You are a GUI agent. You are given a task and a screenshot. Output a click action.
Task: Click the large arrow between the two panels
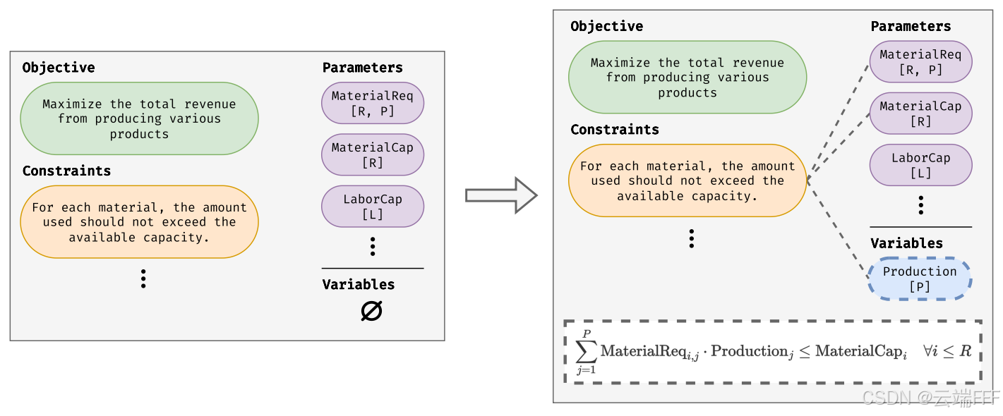coord(501,195)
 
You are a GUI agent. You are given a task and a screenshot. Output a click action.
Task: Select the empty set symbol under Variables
coord(372,311)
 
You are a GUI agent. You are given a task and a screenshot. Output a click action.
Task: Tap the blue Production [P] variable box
coord(920,279)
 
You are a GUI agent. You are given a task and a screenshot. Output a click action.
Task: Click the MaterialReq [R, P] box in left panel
coord(373,103)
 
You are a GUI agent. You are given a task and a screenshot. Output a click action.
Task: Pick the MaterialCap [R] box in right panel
coord(920,114)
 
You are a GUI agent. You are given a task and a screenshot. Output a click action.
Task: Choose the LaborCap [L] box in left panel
coord(373,206)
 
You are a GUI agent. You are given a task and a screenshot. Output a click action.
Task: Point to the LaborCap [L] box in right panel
coord(920,165)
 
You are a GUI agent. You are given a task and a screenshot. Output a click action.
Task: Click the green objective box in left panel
coord(139,118)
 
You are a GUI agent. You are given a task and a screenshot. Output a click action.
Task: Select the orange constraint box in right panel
coord(687,181)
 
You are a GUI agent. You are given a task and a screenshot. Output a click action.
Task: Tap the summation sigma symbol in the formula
coord(587,352)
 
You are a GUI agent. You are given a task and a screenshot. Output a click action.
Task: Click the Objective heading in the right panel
coord(607,26)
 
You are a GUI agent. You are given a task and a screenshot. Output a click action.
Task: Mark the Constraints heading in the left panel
coord(67,171)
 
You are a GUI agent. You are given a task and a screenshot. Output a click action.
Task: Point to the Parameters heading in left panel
coord(363,68)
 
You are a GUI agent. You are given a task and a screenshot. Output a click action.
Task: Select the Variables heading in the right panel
coord(907,243)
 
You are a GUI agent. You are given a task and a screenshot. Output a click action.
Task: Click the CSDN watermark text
coord(930,398)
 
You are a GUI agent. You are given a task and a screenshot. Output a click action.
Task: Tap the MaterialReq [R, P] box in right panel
coord(920,62)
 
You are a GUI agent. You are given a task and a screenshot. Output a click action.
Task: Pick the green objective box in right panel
coord(687,78)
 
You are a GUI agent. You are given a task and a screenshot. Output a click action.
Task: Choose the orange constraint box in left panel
coord(139,222)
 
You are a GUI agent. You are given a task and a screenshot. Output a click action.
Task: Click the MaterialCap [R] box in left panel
coord(373,155)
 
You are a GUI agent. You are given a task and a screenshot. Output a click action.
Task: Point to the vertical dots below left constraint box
coord(143,279)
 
